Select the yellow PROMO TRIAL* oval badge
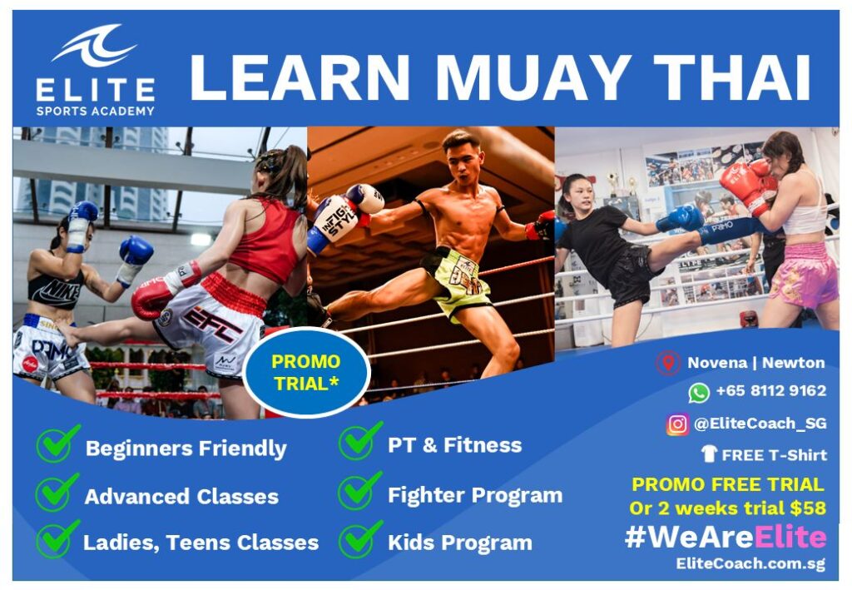[x=306, y=373]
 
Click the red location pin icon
[x=668, y=363]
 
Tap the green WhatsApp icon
[x=699, y=392]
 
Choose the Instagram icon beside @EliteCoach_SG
[x=677, y=424]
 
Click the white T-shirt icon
[x=709, y=454]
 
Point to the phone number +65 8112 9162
[x=770, y=391]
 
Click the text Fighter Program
[x=475, y=495]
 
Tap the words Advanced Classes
[x=181, y=497]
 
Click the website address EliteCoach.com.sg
[x=750, y=564]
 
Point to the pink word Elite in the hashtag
[x=790, y=538]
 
